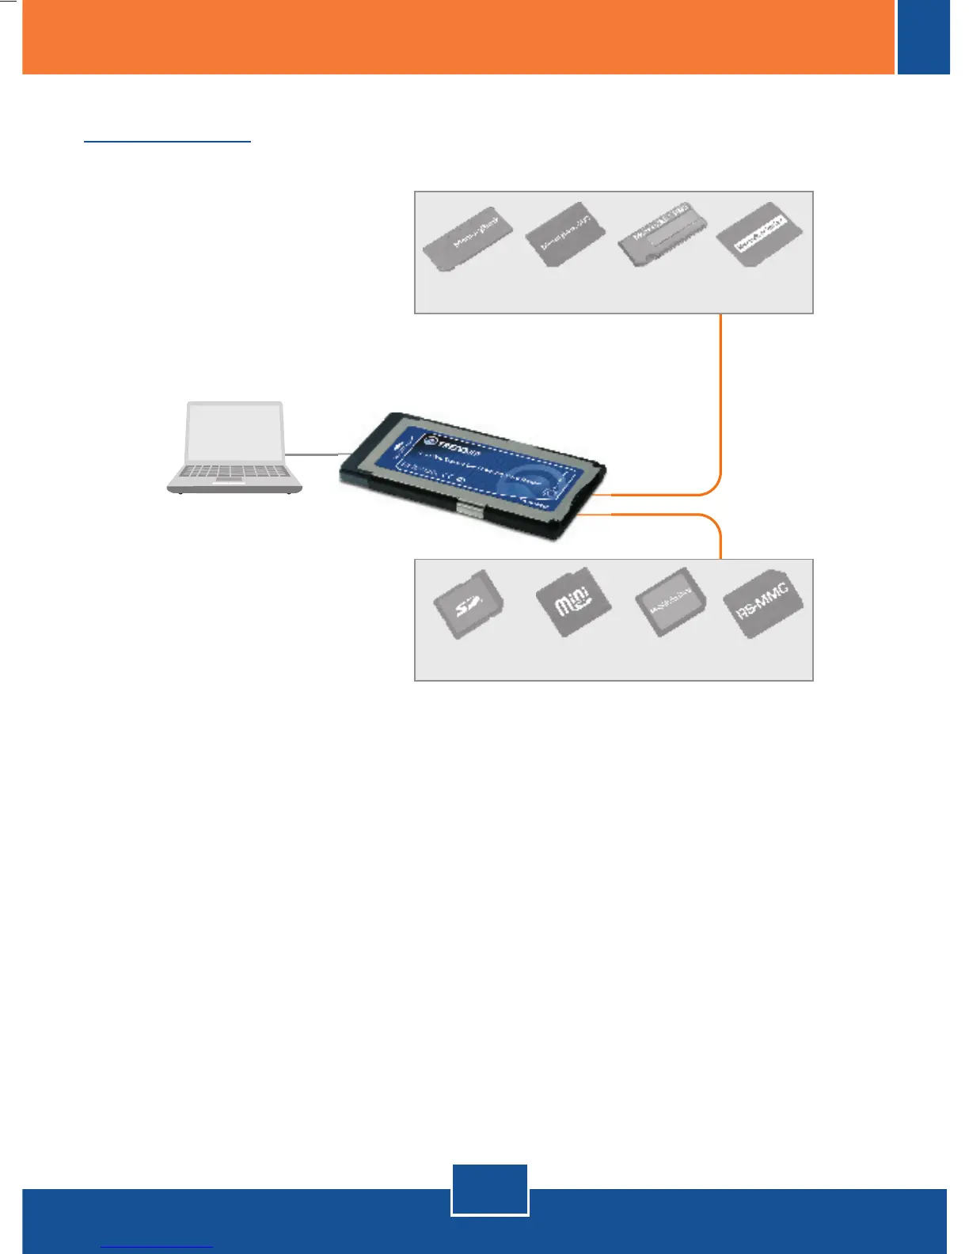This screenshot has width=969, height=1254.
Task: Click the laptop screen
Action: point(234,433)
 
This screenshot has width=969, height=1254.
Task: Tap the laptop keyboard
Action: point(234,473)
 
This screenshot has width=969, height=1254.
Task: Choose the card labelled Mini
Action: point(572,602)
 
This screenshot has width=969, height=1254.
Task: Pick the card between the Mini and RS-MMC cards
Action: point(670,603)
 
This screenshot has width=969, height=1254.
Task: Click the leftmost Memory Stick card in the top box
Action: point(467,238)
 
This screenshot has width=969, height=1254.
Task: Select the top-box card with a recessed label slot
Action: point(662,234)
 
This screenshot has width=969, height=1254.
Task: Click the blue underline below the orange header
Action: point(167,142)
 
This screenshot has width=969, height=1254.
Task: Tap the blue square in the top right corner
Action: point(923,36)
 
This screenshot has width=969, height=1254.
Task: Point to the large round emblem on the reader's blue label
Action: point(527,480)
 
